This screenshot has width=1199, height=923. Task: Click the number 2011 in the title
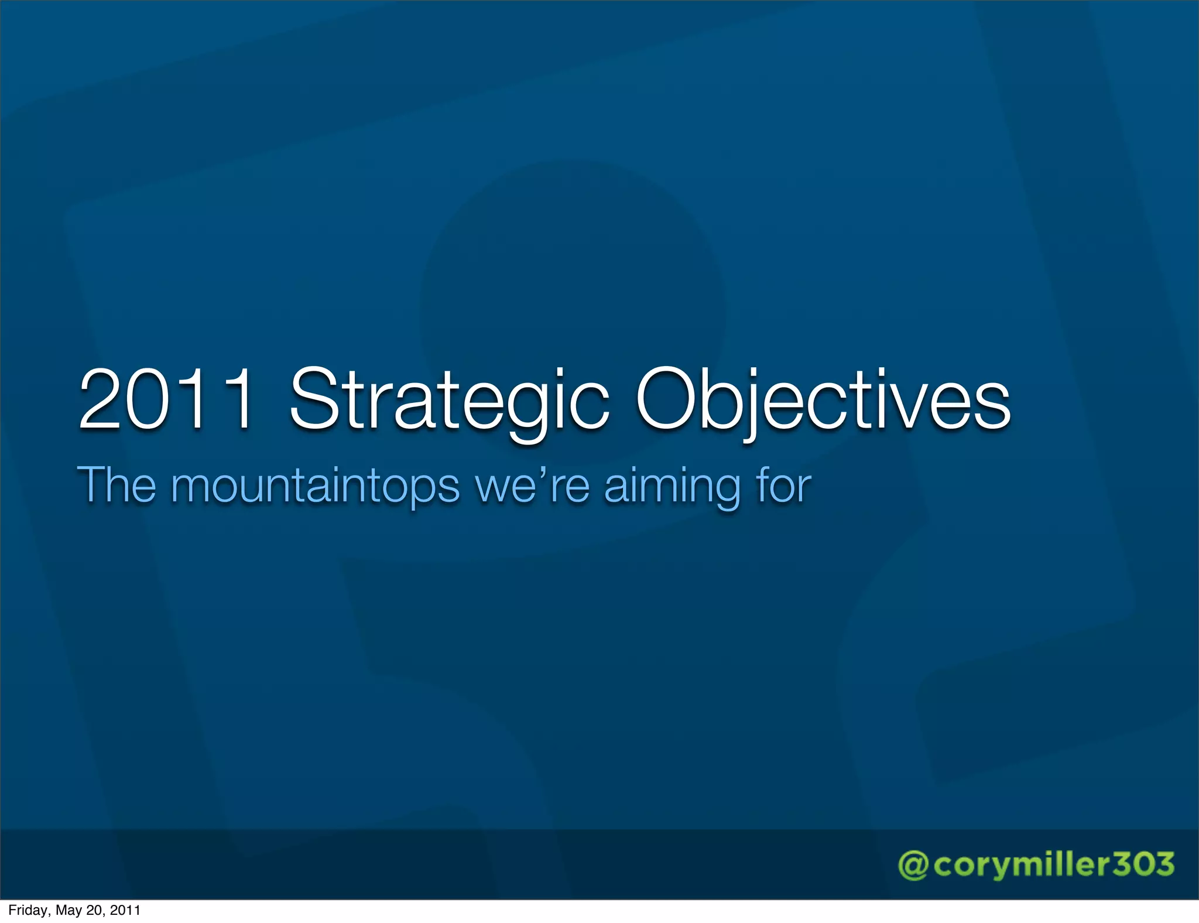point(167,400)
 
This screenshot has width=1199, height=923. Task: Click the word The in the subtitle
point(117,485)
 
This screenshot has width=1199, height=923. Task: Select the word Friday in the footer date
point(29,910)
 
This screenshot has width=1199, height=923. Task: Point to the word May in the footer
point(68,911)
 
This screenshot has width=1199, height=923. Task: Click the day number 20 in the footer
point(95,910)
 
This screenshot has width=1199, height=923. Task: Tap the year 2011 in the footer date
point(125,910)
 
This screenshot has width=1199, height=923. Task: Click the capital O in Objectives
point(668,400)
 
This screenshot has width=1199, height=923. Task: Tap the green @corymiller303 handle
point(1036,865)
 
